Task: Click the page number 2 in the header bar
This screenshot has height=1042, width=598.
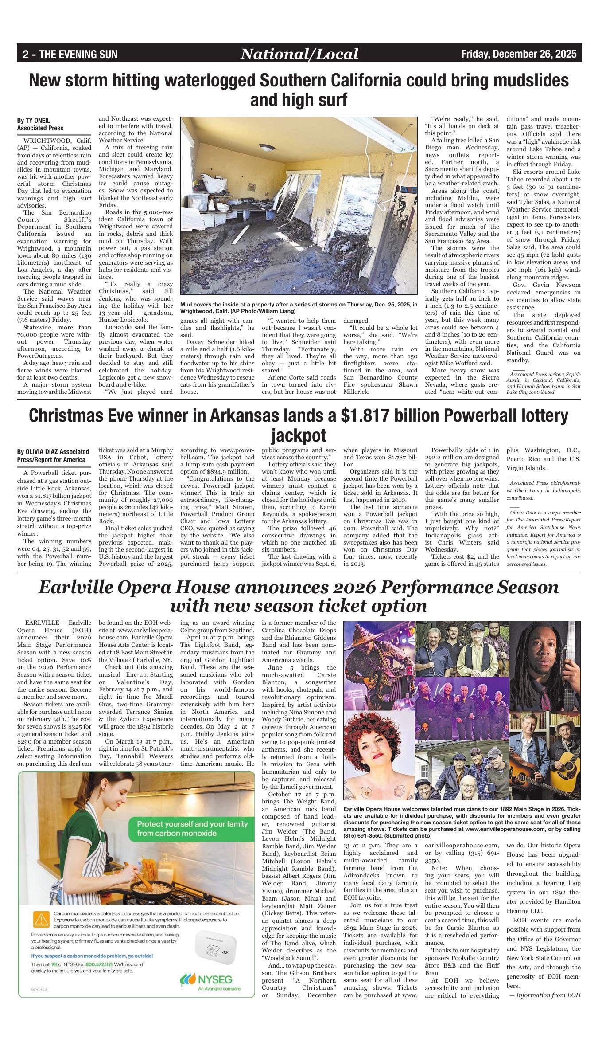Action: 26,55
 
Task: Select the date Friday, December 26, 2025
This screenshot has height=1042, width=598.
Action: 519,54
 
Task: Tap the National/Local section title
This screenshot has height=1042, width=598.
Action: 299,54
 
